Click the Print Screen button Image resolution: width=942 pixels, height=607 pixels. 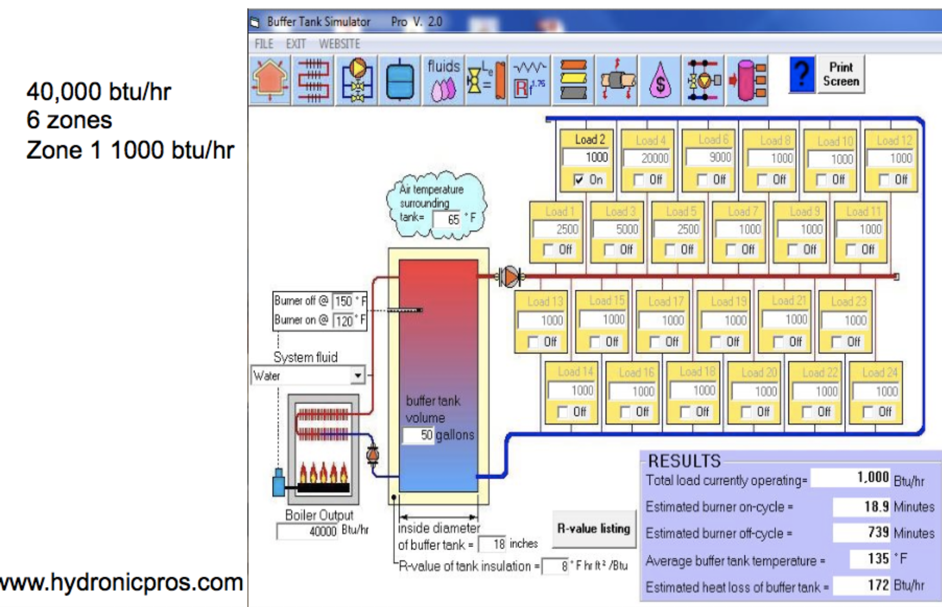[841, 74]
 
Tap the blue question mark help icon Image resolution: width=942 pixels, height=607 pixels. [802, 74]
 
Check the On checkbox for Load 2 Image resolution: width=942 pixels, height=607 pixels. [579, 179]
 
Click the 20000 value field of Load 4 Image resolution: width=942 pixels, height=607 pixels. [647, 158]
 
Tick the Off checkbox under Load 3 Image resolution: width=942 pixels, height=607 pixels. [609, 250]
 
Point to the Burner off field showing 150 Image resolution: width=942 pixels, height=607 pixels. [343, 301]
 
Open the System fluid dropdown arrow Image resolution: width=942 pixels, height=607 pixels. [357, 375]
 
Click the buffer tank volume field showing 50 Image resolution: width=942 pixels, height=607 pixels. [418, 435]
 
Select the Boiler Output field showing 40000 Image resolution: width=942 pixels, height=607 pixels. [307, 531]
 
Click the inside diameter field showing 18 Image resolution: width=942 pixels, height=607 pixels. [492, 544]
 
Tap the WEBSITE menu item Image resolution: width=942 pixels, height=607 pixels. [339, 44]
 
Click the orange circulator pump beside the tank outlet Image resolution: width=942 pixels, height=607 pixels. [510, 277]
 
